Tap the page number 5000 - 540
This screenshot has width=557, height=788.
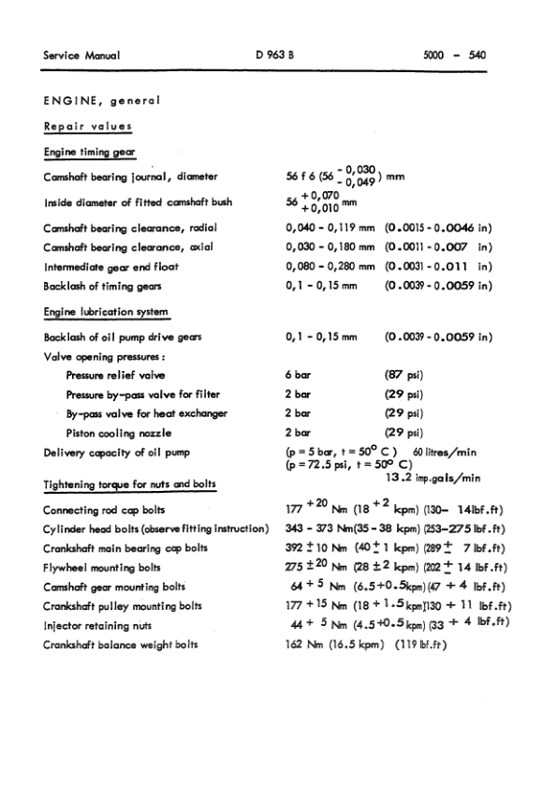[x=455, y=54]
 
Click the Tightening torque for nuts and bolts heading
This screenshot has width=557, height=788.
[x=130, y=483]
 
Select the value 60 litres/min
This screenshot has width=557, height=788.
[x=451, y=453]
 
